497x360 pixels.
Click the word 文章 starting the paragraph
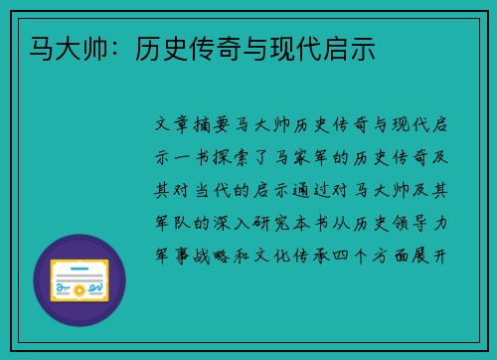coord(175,126)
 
